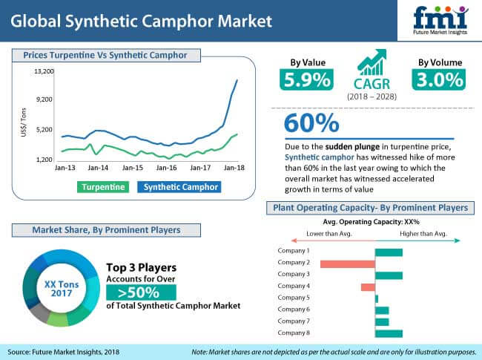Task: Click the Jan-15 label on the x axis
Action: (133, 168)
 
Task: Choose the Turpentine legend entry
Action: (103, 187)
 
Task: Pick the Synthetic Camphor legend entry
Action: (181, 187)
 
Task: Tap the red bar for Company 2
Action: (347, 264)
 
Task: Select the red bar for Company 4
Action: (368, 287)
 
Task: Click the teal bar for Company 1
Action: (389, 252)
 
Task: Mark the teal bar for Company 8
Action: (389, 333)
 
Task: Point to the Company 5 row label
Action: (293, 298)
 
